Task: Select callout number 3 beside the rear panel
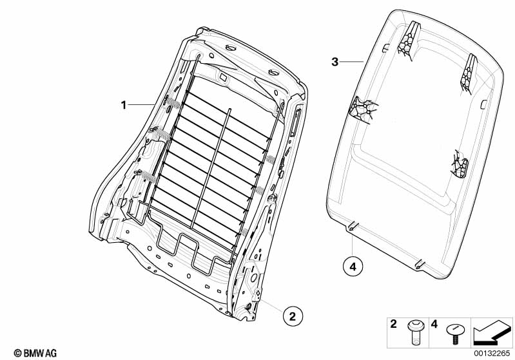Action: pos(335,62)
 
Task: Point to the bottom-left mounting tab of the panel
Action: pos(352,226)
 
